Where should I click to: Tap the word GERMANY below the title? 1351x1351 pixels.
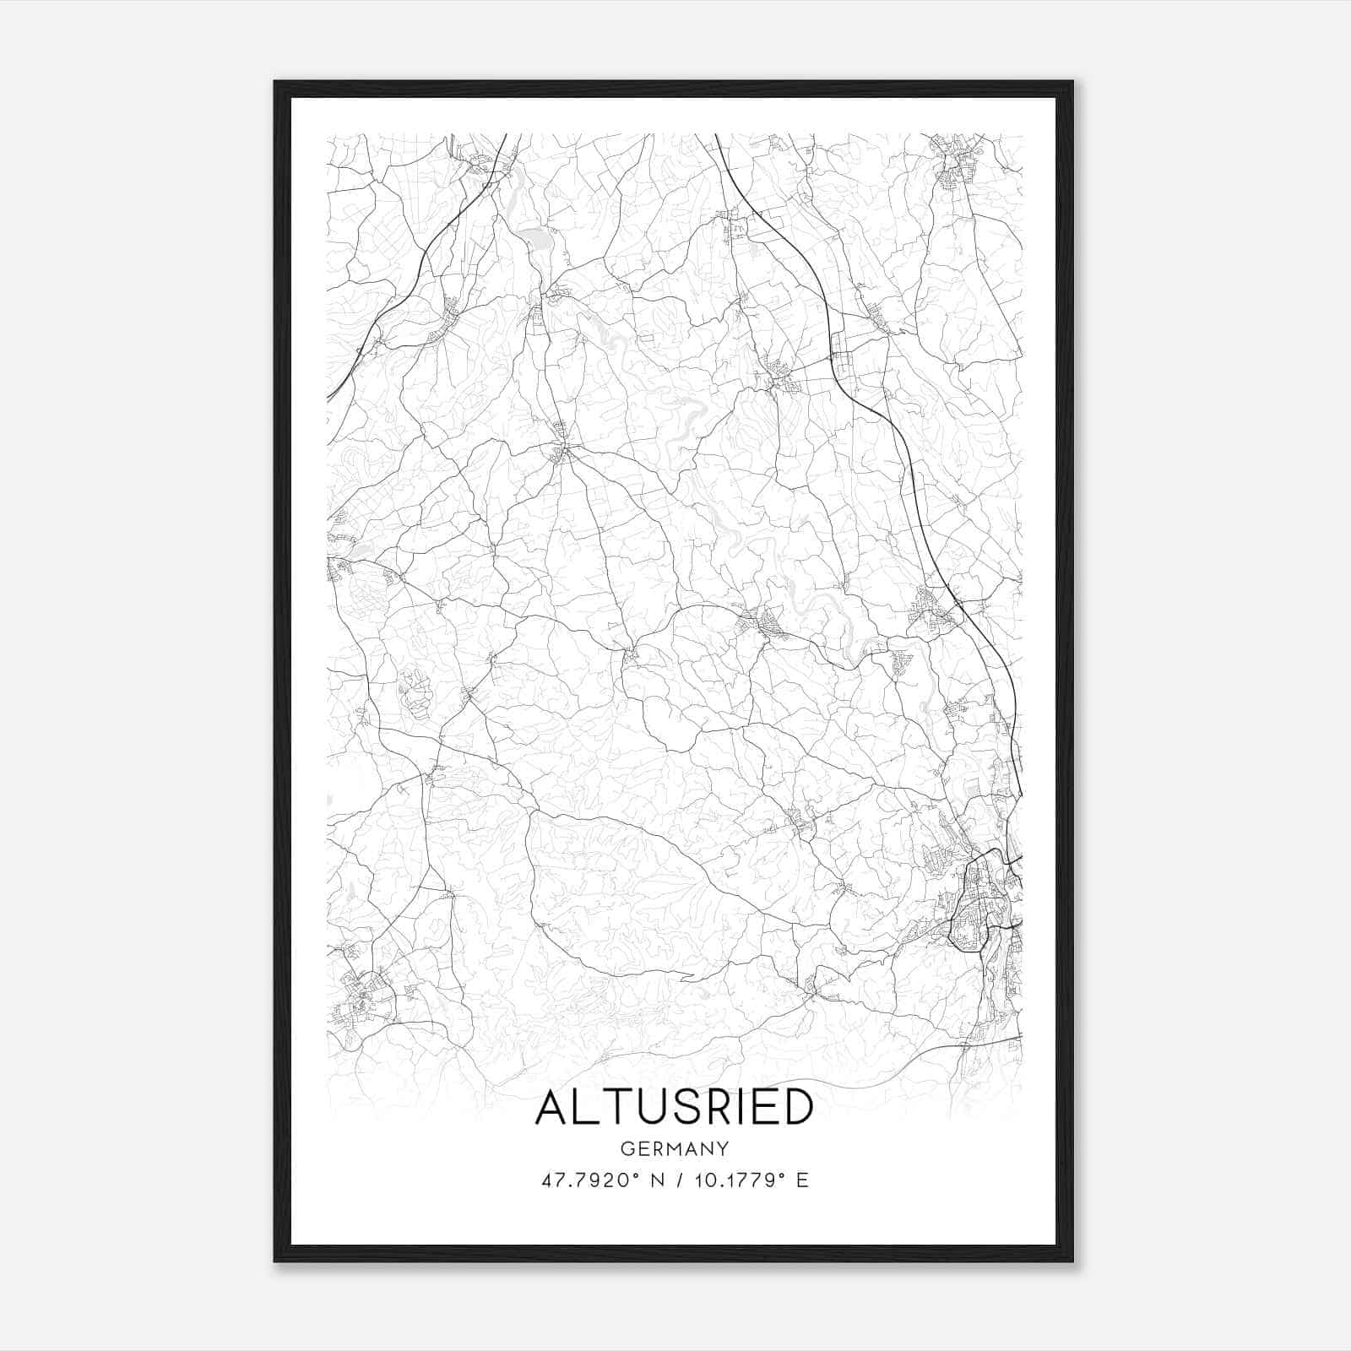(x=675, y=1148)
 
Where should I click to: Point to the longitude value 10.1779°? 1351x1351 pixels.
(x=737, y=1180)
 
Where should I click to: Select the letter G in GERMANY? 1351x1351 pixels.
(x=627, y=1148)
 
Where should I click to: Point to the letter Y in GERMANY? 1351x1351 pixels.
(x=724, y=1148)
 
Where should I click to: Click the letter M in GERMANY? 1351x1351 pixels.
(x=675, y=1148)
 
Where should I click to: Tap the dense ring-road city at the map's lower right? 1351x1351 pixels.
(x=979, y=899)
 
